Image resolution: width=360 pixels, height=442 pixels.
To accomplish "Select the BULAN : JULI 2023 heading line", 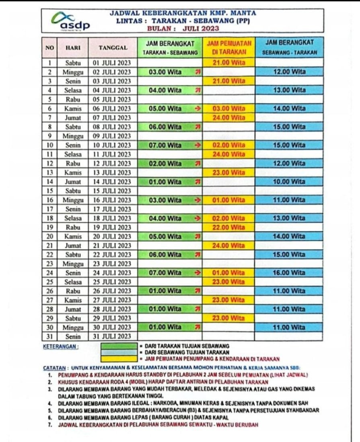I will tap(183, 28).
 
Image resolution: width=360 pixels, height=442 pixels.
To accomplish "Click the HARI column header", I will tap(73, 47).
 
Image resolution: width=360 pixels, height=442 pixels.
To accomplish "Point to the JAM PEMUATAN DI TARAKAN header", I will tap(229, 47).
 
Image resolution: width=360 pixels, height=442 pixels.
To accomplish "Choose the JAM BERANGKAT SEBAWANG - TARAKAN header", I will tap(289, 47).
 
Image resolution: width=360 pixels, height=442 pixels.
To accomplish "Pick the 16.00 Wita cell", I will tap(289, 273).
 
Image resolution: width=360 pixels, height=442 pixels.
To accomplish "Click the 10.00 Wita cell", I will tap(289, 182).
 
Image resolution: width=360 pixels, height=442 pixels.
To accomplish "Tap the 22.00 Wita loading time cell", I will tap(229, 227).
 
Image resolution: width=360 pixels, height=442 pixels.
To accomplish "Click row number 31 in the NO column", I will tap(50, 336).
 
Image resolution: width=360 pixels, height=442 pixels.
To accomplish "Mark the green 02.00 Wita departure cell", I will tap(170, 164).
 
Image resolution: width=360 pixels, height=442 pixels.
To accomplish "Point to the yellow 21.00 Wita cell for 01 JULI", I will tap(229, 63).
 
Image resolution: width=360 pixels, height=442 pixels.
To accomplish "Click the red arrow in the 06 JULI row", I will tap(197, 108).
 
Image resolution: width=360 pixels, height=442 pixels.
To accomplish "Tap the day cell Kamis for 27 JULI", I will tap(73, 300).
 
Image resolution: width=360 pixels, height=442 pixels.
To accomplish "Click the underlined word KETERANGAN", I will tap(60, 346).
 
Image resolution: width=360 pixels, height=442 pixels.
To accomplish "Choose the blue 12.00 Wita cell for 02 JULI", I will tap(289, 72).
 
